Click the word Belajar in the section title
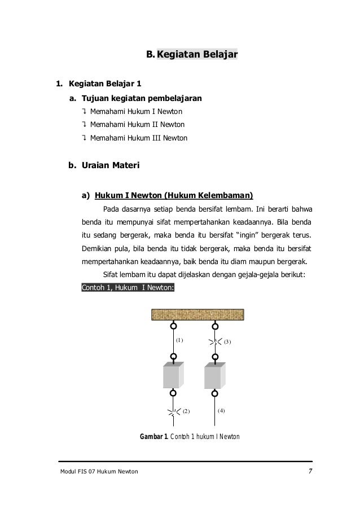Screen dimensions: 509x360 click(217, 55)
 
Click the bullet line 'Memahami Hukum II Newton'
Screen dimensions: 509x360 click(137, 124)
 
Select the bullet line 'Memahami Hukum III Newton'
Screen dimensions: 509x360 click(138, 138)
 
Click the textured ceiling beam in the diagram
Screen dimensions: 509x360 click(197, 315)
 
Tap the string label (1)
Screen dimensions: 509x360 click(180, 340)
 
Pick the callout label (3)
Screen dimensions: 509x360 click(227, 342)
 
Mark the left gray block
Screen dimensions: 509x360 click(173, 374)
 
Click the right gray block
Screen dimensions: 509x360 click(214, 374)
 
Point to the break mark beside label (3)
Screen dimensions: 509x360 click(214, 341)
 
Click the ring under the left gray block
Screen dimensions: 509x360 click(173, 393)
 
